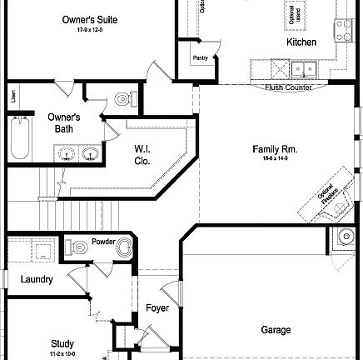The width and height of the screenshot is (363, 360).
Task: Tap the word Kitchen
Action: [x=301, y=42]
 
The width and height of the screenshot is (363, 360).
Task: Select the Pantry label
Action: [x=200, y=58]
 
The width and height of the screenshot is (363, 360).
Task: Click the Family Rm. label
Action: [x=275, y=150]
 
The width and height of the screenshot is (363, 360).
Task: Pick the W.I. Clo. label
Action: [x=142, y=155]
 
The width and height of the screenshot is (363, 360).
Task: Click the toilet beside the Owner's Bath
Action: [x=123, y=100]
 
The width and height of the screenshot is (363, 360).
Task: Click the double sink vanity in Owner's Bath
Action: [x=77, y=152]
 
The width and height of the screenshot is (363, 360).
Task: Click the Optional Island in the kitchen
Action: [x=295, y=14]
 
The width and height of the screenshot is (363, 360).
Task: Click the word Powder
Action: [x=103, y=241]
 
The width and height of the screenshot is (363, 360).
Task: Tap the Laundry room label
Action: [x=37, y=280]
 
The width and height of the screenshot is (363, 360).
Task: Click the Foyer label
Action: [x=157, y=308]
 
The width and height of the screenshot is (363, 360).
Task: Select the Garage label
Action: [x=276, y=330]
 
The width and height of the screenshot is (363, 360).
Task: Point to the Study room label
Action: [x=62, y=343]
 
